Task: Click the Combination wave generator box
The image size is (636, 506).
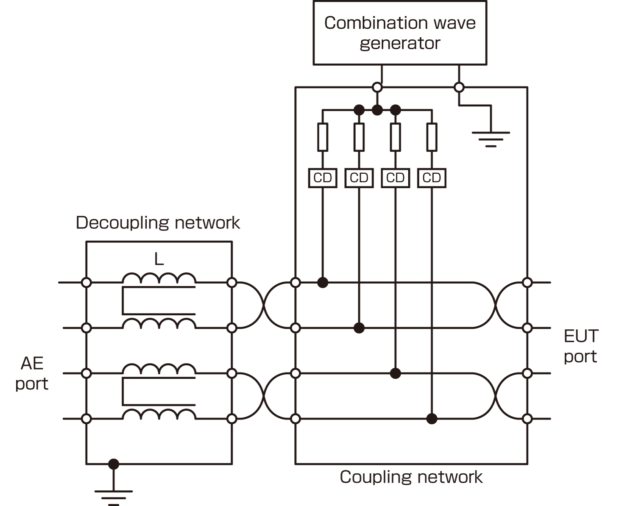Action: pos(399,33)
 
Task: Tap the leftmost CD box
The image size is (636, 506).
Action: pos(323,178)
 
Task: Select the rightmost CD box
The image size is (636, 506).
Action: pos(432,178)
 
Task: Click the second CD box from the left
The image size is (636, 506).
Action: pos(359,178)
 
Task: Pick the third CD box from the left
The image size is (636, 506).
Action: pos(395,178)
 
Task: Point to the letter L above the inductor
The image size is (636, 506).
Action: pos(159,259)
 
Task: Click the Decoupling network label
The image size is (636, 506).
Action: pos(158,222)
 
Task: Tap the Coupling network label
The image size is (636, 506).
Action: pos(411,477)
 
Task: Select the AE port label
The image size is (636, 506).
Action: pos(32,373)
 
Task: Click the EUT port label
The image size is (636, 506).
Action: pos(580,346)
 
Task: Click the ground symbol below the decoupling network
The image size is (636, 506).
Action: pos(113,495)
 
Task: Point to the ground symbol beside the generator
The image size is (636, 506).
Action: pos(491,138)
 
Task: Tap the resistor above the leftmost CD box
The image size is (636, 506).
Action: pos(323,137)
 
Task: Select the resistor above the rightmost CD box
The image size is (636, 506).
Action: pos(432,137)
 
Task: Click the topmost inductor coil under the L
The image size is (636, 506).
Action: pos(159,278)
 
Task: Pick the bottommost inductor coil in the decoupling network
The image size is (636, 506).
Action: pos(159,414)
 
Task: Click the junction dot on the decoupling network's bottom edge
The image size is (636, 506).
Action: pos(113,464)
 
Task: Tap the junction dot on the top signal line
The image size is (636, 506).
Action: pos(323,282)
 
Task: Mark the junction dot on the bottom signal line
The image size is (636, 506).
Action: pos(432,419)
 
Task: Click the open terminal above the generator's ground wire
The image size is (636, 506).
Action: pos(459,87)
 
